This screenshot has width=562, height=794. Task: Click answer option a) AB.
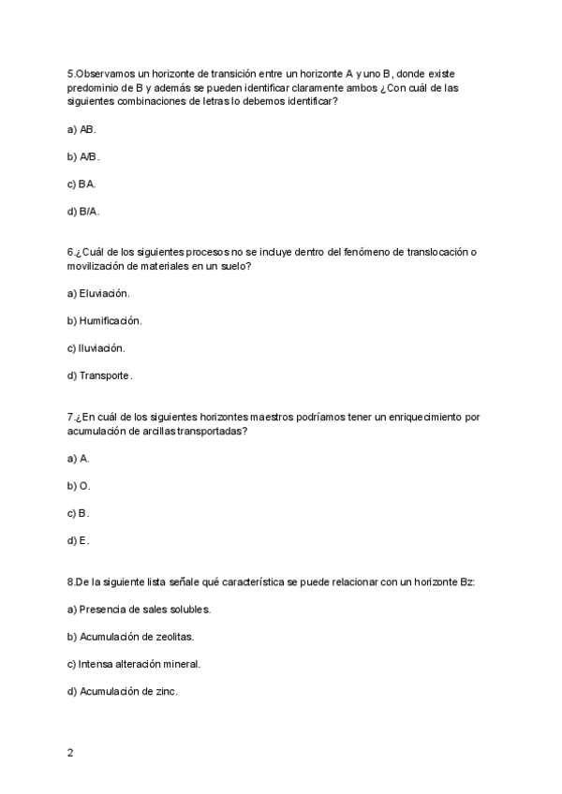(x=81, y=129)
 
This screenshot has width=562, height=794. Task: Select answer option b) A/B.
(x=83, y=156)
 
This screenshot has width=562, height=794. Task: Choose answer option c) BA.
(x=81, y=184)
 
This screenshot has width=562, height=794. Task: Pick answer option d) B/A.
(x=83, y=212)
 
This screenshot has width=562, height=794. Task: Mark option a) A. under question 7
(x=79, y=459)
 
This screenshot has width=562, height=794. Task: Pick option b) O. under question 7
(x=79, y=486)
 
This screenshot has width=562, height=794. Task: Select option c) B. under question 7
(x=79, y=513)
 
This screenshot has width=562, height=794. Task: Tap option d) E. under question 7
(x=79, y=540)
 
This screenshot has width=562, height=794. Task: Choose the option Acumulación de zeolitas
(x=130, y=637)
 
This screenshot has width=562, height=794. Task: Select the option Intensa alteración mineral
(x=134, y=664)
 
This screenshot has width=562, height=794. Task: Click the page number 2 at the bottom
(x=70, y=753)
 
